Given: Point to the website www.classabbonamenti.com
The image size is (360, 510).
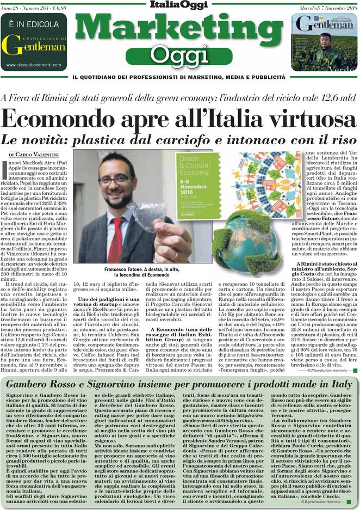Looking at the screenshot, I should pyautogui.click(x=34, y=65).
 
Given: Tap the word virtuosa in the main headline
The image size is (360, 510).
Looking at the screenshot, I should pyautogui.click(x=305, y=118).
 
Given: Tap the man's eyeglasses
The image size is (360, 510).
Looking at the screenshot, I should pyautogui.click(x=116, y=179).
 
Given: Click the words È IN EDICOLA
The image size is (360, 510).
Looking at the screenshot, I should pyautogui.click(x=34, y=24).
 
